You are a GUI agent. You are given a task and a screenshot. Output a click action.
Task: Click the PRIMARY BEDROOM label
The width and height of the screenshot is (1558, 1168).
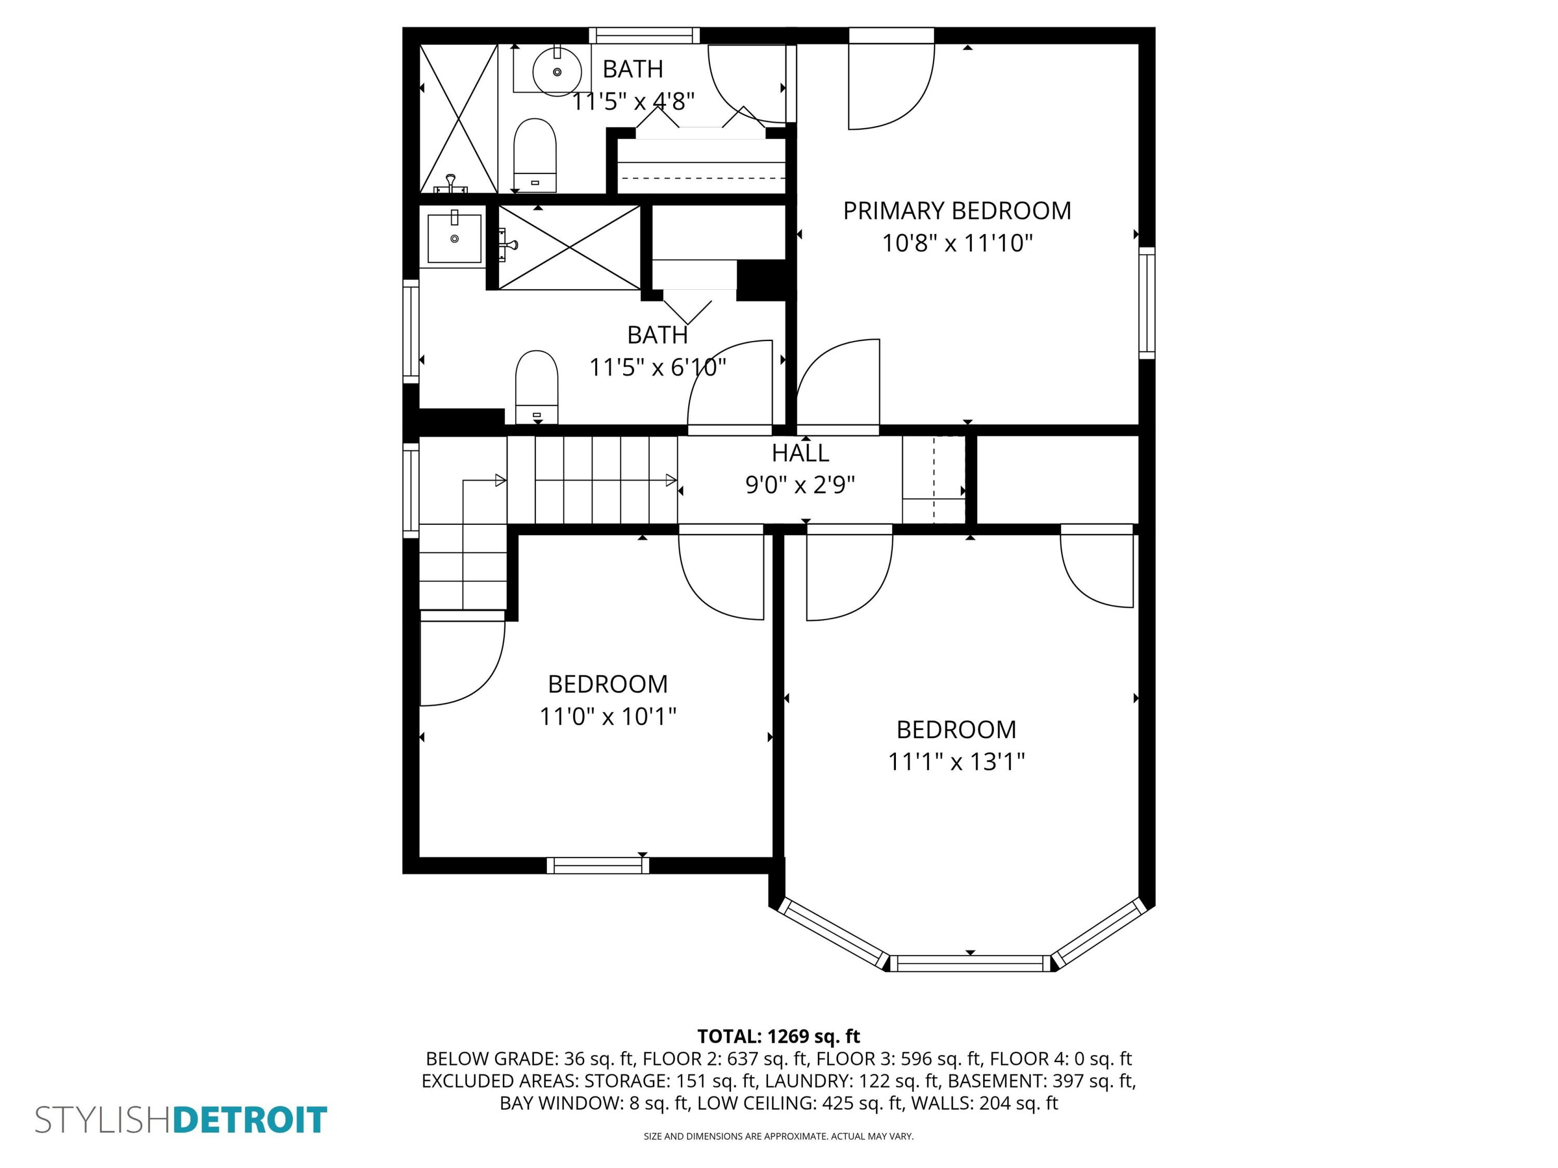(x=957, y=211)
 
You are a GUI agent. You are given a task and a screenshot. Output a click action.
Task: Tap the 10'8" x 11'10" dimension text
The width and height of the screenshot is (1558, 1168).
(x=957, y=243)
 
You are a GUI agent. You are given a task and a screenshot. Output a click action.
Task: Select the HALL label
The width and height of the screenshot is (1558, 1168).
(x=800, y=453)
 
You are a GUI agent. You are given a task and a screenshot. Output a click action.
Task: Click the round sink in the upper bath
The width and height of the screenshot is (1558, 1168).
(x=557, y=71)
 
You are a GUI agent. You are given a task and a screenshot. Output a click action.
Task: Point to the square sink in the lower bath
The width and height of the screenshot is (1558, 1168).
(x=454, y=239)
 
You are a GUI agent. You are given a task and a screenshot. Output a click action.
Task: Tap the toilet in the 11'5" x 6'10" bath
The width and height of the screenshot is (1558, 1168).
(x=536, y=387)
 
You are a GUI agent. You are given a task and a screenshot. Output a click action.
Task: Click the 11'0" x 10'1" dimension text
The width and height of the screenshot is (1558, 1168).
(x=607, y=717)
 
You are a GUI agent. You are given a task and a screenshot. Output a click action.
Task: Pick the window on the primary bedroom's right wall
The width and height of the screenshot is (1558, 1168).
(x=1147, y=303)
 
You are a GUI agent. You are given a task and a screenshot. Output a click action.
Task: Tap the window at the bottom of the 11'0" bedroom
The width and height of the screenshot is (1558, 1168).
(x=598, y=865)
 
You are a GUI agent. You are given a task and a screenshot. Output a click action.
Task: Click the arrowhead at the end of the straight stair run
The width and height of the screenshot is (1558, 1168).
(x=671, y=480)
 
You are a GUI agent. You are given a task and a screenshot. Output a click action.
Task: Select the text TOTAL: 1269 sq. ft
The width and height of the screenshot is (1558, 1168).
(x=778, y=1036)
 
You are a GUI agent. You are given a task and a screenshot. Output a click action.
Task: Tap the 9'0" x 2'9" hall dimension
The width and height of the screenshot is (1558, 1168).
(x=800, y=485)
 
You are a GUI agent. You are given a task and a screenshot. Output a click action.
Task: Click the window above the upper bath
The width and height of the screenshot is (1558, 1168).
(x=644, y=35)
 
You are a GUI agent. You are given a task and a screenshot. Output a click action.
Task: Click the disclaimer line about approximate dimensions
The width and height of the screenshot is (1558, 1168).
(x=778, y=1136)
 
